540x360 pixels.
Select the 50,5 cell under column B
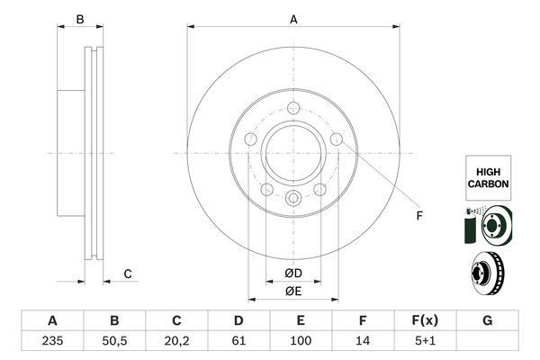tap(114, 342)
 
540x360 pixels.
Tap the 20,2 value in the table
tap(176, 342)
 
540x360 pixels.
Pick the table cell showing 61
tap(238, 342)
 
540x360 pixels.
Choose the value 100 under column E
tap(301, 342)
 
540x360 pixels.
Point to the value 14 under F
tap(363, 342)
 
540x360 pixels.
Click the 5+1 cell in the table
tap(425, 342)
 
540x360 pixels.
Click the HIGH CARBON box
tap(488, 176)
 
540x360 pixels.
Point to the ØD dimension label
tap(292, 273)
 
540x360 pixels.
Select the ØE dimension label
tap(292, 291)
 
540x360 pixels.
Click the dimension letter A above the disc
tap(293, 19)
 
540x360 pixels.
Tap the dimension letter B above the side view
tap(79, 19)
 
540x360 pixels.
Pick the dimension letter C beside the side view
tap(128, 274)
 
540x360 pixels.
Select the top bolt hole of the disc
tap(293, 110)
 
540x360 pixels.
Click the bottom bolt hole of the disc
tap(292, 199)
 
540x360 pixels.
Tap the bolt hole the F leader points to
tap(337, 139)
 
